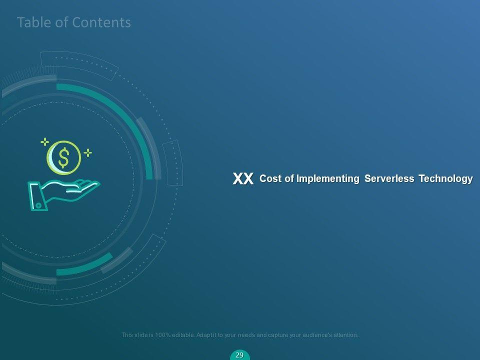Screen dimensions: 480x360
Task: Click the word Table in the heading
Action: [x=32, y=22]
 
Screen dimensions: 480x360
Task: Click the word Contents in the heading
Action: [x=101, y=22]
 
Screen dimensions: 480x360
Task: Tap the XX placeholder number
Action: [x=243, y=178]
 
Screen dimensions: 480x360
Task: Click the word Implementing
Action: [x=328, y=179]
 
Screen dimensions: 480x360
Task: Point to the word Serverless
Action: [x=389, y=178]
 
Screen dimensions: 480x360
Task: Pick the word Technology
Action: [x=445, y=179]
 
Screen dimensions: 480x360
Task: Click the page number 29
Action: [x=239, y=355]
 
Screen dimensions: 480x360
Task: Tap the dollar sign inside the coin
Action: [x=63, y=157]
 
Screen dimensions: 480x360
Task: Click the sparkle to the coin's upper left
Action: [x=44, y=141]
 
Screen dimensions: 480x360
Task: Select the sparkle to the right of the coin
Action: [x=88, y=153]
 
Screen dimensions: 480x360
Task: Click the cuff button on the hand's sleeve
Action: [x=38, y=205]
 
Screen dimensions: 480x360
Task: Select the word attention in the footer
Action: [x=346, y=335]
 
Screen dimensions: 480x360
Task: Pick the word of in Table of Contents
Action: [x=59, y=22]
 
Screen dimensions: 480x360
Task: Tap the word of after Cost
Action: [x=289, y=178]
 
